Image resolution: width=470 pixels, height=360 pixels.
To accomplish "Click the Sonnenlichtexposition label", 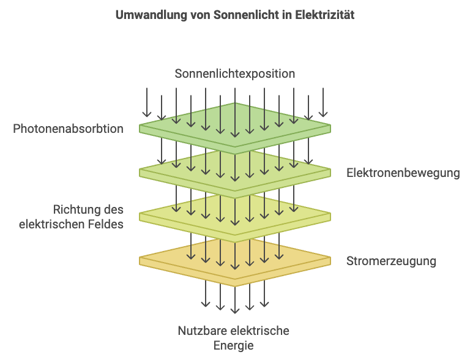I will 235,74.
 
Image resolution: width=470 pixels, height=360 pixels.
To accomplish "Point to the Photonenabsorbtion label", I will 68,129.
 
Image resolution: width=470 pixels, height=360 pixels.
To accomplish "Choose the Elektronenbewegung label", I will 403,173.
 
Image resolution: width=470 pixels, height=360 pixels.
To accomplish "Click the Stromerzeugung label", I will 391,261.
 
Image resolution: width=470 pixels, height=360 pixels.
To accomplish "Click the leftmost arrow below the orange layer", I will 206,296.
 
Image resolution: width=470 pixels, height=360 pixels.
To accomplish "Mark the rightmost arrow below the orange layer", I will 264,296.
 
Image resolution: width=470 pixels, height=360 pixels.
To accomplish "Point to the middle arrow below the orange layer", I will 235,300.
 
